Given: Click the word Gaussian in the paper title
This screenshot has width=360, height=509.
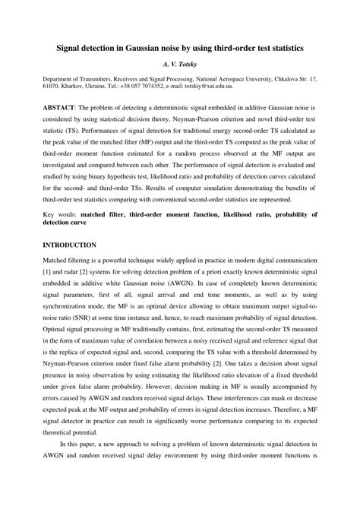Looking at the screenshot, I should point(142,47).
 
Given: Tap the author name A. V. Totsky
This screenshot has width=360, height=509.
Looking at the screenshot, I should point(180,65).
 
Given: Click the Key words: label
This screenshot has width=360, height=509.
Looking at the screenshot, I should point(59,215).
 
